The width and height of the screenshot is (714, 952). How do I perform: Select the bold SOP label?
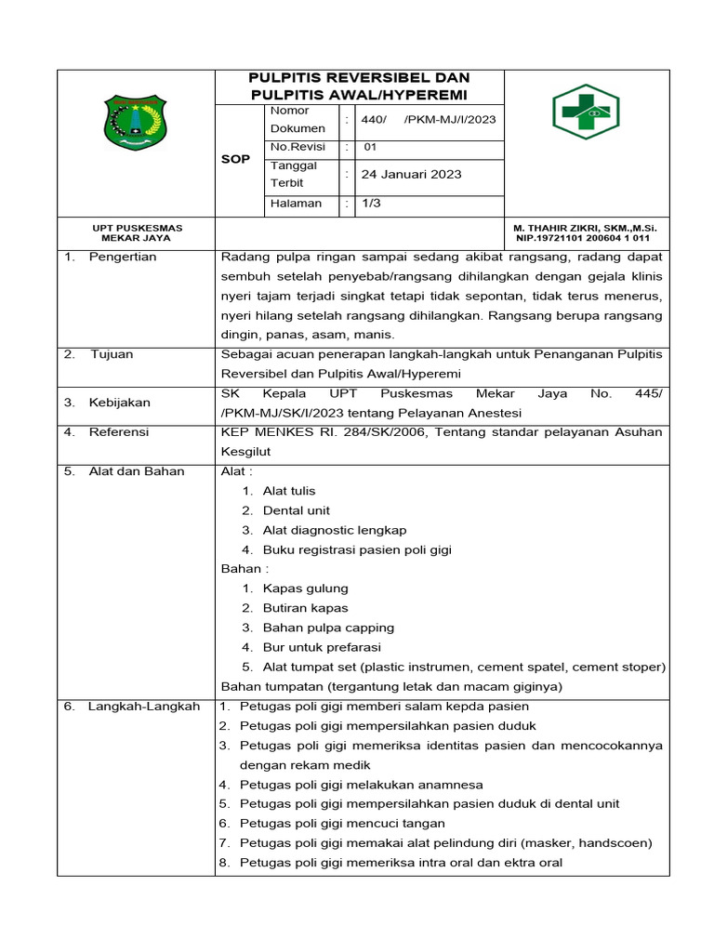[x=235, y=159]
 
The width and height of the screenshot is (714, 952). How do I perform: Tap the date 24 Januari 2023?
[x=411, y=174]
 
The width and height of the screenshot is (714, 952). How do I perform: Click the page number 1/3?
[x=371, y=203]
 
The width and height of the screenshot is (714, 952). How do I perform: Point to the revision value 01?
[x=370, y=147]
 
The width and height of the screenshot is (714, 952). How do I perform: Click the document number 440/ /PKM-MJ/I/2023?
[x=428, y=119]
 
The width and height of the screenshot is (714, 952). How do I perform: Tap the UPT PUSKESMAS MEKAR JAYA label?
[x=137, y=232]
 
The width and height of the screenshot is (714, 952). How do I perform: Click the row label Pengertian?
[x=123, y=257]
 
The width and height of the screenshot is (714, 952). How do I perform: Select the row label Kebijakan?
[x=121, y=403]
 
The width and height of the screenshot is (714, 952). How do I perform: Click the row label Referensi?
[x=119, y=431]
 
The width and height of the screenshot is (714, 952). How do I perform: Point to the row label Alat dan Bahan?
[x=136, y=470]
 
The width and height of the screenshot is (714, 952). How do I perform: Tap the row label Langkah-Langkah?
[x=144, y=707]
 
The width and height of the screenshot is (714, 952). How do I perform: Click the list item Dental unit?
[x=296, y=510]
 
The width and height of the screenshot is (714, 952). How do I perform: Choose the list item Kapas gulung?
[x=305, y=588]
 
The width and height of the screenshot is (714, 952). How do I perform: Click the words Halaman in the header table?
[x=296, y=203]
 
